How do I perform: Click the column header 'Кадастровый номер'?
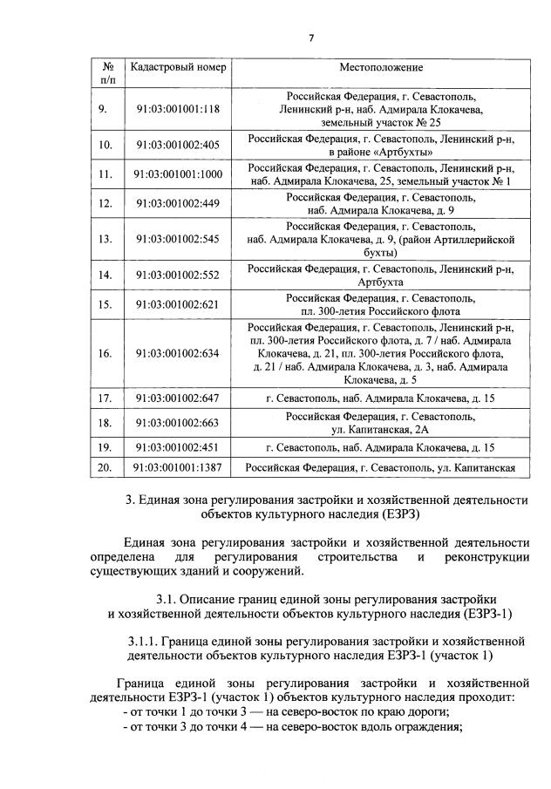coord(178,68)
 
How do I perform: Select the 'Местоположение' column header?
coord(381,68)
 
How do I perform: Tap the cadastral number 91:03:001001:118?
coord(178,109)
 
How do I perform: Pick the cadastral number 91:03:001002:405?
coord(178,145)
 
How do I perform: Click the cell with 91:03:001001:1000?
coord(178,174)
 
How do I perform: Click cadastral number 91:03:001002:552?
coord(178,275)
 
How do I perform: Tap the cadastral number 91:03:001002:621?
coord(178,304)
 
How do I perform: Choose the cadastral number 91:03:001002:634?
coord(178,353)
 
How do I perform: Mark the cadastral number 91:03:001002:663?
coord(178,423)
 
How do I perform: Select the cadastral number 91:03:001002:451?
coord(178,448)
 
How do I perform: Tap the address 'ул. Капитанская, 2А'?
coord(381,430)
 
